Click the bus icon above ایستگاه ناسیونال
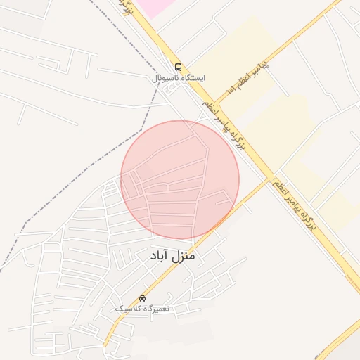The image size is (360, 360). coord(177,67)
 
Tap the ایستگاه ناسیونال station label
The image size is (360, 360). coord(177,79)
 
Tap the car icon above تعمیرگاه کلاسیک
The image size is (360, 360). coord(143,298)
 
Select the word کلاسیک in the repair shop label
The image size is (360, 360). coord(127,309)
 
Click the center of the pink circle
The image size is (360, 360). coord(180,180)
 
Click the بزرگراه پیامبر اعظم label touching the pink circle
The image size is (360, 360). coord(223,127)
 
